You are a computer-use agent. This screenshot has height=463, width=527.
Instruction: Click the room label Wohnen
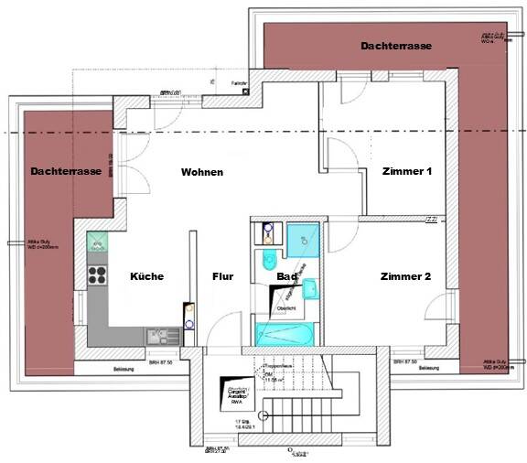[x=201, y=172]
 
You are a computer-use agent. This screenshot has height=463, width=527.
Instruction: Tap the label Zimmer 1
[x=406, y=171]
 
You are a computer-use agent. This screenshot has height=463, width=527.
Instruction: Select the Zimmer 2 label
[x=406, y=276]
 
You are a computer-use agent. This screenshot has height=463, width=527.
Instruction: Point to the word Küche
[x=146, y=276]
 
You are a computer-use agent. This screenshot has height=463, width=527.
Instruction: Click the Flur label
[x=223, y=276]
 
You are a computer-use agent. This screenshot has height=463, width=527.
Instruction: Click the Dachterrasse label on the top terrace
[x=396, y=46]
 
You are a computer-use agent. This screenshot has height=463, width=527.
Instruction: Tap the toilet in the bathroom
[x=270, y=257]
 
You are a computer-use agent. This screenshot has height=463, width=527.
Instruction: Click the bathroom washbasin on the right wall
[x=310, y=290]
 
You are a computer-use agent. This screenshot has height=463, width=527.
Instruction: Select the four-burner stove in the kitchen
[x=95, y=272]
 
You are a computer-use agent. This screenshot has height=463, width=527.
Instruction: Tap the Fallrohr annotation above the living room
[x=240, y=83]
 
